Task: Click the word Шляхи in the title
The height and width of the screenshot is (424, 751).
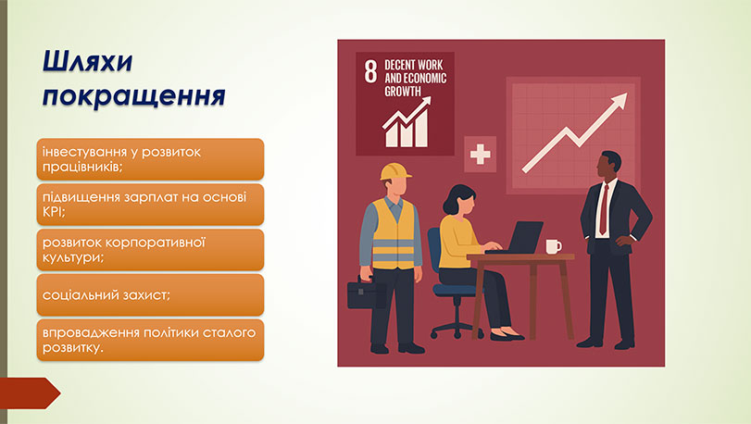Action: (89, 62)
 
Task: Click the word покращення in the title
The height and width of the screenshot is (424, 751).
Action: (135, 96)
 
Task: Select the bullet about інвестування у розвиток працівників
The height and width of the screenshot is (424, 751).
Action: (151, 158)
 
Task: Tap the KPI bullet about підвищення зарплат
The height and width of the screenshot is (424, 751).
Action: (151, 204)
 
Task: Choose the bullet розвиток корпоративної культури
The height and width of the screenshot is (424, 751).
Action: (151, 249)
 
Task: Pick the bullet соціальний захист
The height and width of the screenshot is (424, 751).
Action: (151, 294)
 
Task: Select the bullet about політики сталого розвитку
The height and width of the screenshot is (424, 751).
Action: (151, 340)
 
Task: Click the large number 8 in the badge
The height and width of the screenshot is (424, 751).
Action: (370, 71)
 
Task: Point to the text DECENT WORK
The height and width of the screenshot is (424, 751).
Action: (415, 66)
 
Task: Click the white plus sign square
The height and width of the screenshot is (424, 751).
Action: (480, 154)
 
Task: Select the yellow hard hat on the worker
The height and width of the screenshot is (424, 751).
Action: (395, 172)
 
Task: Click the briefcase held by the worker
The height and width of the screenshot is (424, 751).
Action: (367, 293)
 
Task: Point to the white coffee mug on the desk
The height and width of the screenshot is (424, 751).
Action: (554, 246)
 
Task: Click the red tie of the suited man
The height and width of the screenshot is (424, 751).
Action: (604, 210)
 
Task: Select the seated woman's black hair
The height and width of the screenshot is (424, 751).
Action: (460, 198)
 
